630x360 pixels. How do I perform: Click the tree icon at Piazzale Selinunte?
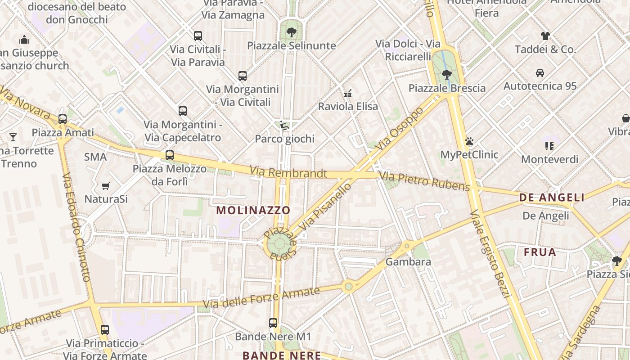(291, 32)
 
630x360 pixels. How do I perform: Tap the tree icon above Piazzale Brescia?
(446, 74)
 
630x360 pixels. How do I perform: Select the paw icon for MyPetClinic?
(469, 141)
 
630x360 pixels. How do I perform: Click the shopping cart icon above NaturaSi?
(106, 186)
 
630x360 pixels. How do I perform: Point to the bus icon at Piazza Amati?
(63, 119)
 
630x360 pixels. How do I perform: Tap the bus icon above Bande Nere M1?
(273, 323)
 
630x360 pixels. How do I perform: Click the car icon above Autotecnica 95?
(540, 72)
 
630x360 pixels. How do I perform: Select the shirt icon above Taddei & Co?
(545, 36)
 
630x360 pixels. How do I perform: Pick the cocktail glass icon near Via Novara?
(13, 137)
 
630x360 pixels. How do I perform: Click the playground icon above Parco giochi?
(284, 126)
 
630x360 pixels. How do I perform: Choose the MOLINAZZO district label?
(253, 210)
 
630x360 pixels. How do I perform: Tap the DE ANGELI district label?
(552, 198)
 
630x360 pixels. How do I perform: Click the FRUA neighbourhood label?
(540, 252)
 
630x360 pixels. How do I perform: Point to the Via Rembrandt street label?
(288, 172)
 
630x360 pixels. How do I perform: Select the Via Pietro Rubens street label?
(424, 181)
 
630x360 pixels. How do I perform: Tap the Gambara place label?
(408, 261)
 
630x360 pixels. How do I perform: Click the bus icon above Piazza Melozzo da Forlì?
(170, 155)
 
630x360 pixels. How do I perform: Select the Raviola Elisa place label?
(348, 107)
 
